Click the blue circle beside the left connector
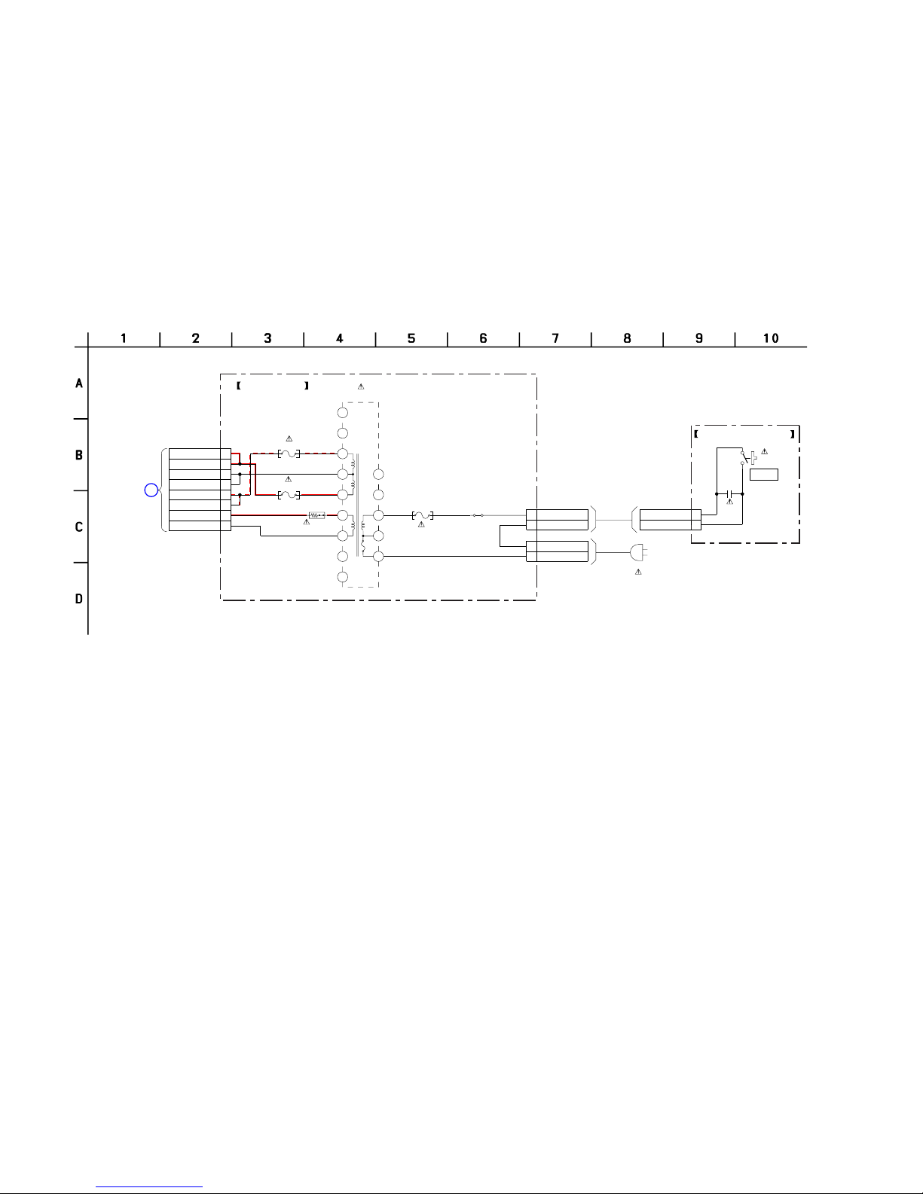[151, 490]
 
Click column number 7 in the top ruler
[555, 338]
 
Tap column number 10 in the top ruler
[771, 338]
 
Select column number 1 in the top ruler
[124, 338]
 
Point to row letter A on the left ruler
[79, 383]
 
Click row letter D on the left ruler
[79, 599]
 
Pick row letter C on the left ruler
[79, 527]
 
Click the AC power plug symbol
[638, 551]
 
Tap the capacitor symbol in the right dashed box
[729, 494]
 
